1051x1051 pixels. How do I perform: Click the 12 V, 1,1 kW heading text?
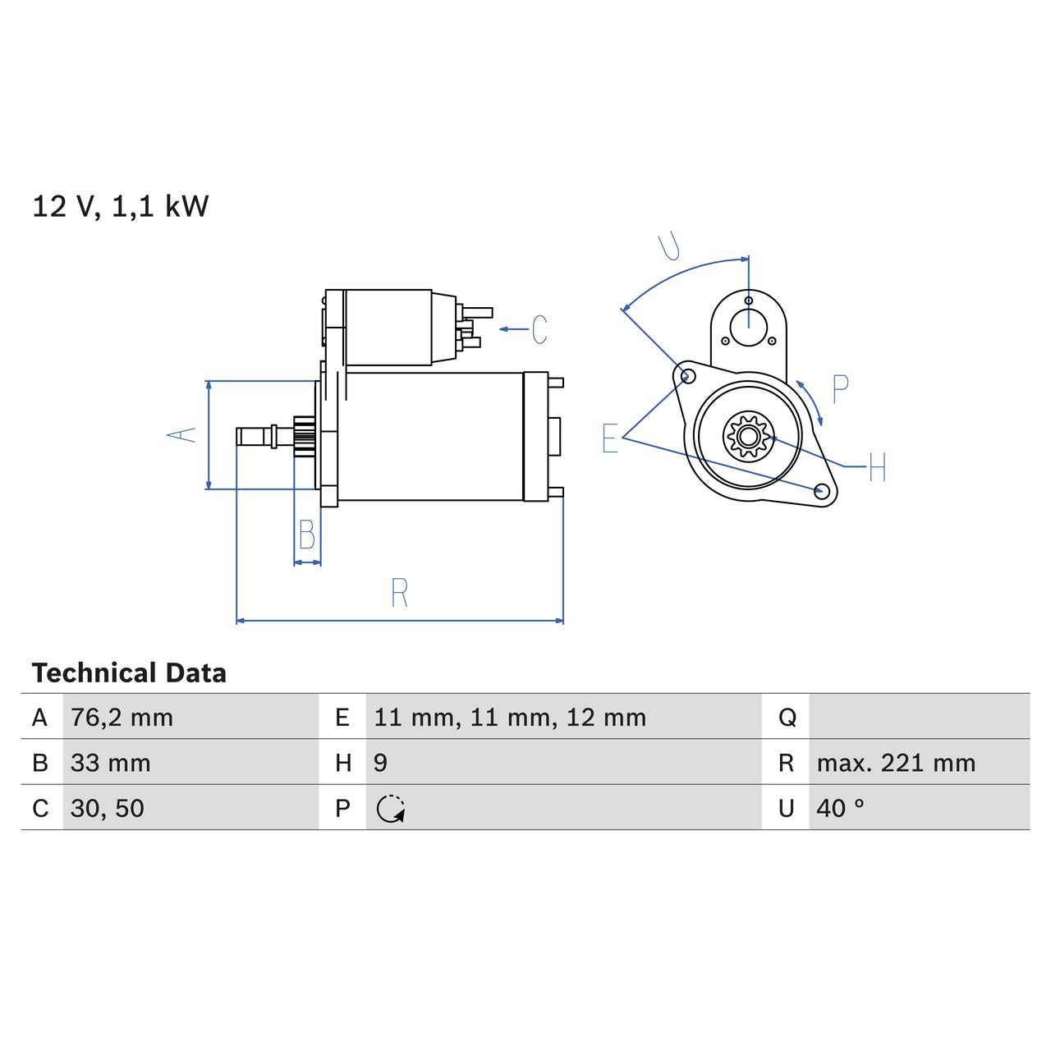120,206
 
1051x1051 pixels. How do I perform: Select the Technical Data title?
129,673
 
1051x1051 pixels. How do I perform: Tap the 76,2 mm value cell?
122,718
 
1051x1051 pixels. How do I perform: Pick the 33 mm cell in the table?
110,763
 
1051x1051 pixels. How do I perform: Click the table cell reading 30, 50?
107,808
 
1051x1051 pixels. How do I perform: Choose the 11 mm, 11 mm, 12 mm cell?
509,718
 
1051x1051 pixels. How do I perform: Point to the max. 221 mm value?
895,763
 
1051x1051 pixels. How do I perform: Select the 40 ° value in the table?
840,808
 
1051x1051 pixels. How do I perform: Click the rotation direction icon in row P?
391,809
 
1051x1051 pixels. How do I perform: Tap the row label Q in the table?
787,718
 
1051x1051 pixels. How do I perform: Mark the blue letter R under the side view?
399,593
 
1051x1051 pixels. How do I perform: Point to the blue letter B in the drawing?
307,535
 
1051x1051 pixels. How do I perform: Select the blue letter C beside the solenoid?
539,329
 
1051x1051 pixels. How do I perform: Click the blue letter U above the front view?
670,246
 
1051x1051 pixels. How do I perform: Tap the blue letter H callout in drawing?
876,468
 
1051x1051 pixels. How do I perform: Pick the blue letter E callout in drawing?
609,438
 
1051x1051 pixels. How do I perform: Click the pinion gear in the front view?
746,435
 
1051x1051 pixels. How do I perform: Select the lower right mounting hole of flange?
820,491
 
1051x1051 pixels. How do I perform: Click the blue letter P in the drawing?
839,389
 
